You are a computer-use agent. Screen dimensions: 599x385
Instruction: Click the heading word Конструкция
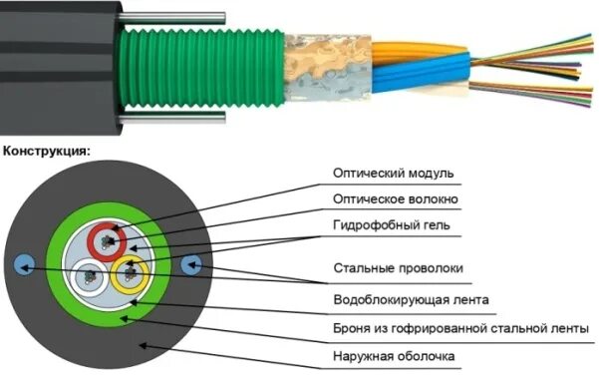(x=48, y=152)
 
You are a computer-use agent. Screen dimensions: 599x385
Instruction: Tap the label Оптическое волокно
(x=396, y=199)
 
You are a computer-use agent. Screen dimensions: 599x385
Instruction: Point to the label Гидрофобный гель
(x=391, y=225)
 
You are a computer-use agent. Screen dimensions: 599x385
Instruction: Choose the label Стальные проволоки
(x=398, y=268)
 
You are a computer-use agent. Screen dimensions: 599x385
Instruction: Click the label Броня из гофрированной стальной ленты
(x=459, y=327)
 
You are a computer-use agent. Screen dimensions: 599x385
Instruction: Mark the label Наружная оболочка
(x=394, y=355)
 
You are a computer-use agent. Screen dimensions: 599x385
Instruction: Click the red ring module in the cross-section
(x=103, y=240)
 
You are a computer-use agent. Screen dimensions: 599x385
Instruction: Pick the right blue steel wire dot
(x=193, y=264)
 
